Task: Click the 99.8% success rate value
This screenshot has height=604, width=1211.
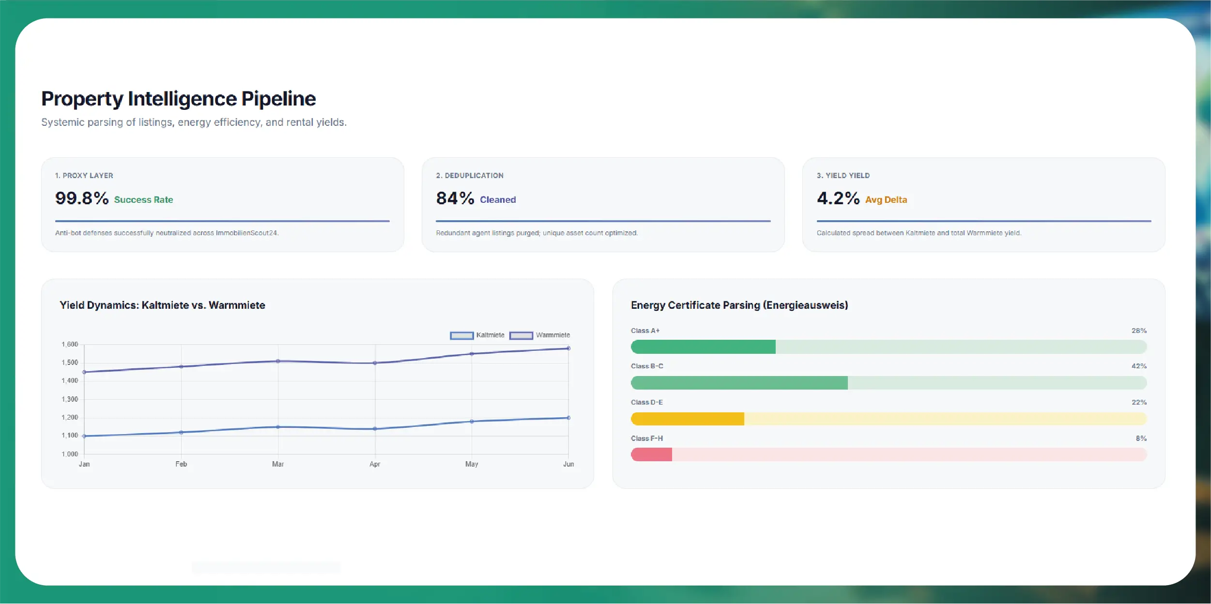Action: [82, 198]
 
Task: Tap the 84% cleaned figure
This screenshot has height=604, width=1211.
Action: [455, 198]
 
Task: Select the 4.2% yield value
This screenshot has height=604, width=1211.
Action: [838, 198]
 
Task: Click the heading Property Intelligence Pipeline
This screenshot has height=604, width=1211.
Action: [179, 99]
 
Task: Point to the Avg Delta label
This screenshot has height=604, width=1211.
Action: [886, 200]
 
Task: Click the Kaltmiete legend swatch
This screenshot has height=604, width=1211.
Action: [461, 335]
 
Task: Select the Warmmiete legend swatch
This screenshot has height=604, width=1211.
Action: [521, 335]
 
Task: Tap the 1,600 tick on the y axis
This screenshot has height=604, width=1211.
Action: [70, 345]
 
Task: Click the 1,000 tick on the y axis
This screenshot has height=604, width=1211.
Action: [70, 454]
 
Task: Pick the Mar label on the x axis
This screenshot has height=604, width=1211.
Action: [278, 464]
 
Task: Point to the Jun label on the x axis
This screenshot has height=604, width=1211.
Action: [568, 464]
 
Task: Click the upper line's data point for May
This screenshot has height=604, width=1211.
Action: [472, 354]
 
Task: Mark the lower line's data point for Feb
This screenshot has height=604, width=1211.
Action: [181, 432]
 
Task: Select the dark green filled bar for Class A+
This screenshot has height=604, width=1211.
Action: [703, 347]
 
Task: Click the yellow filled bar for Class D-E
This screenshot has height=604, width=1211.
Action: [688, 419]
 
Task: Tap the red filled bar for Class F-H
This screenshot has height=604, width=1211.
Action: [651, 454]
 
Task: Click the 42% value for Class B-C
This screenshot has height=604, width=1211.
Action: [1139, 366]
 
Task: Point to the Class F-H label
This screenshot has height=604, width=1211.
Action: [647, 438]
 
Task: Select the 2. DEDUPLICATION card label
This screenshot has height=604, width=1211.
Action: [470, 176]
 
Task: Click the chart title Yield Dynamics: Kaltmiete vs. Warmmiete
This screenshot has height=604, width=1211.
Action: [162, 305]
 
